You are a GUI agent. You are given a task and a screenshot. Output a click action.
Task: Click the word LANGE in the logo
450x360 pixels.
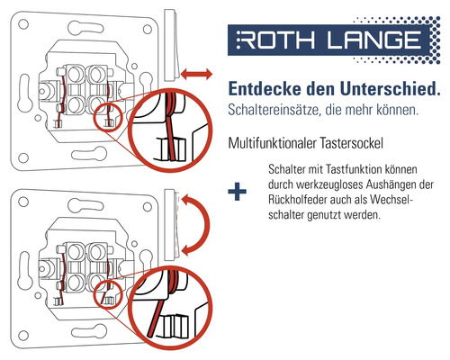click(373, 40)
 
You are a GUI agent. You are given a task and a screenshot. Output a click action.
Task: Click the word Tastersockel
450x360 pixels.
click(351, 143)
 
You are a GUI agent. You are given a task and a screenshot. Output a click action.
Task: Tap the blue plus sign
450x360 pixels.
click(237, 192)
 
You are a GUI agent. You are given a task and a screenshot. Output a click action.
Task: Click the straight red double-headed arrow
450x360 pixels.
click(196, 74)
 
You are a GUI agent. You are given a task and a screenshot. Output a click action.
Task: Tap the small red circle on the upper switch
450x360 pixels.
click(108, 117)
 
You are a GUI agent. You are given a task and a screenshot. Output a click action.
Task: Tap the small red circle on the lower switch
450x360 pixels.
click(108, 294)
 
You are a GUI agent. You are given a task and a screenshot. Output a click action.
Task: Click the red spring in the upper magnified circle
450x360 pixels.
click(171, 126)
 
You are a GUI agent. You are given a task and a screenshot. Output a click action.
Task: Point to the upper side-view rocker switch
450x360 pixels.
click(171, 45)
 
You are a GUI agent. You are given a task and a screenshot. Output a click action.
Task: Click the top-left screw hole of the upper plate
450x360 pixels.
click(23, 24)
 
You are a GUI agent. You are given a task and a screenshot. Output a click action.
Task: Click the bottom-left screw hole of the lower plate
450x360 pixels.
click(23, 335)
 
